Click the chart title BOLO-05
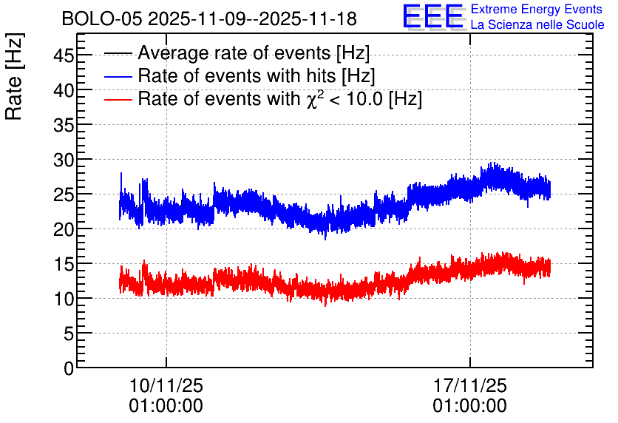(102, 18)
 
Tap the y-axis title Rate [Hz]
(14, 76)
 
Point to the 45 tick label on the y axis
(64, 55)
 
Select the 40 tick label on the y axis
(64, 90)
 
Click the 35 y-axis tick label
(64, 125)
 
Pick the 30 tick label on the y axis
(64, 160)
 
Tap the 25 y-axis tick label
(64, 194)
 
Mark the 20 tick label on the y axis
(64, 229)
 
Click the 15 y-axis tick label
(64, 264)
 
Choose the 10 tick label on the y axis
(64, 299)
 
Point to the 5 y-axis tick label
(69, 334)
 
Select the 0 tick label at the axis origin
(69, 368)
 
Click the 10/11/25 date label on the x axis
(166, 385)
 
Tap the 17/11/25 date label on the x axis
(470, 385)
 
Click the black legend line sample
(118, 53)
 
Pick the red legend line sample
(118, 99)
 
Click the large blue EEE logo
(433, 16)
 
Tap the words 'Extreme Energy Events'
(537, 9)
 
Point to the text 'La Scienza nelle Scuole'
(537, 24)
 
